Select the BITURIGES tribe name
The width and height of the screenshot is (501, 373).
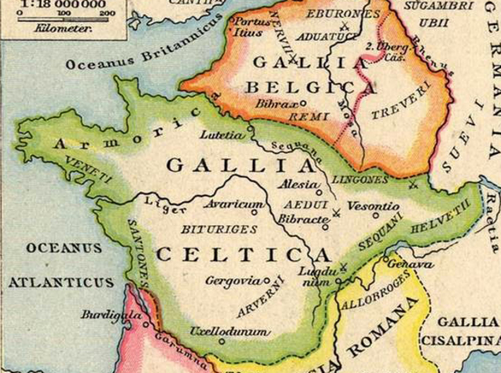(x=208, y=229)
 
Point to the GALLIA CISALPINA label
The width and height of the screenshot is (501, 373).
(x=468, y=331)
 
